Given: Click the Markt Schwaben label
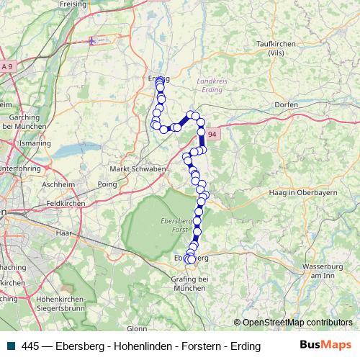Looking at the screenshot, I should tap(138, 169).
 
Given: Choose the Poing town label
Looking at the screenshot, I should tap(107, 184).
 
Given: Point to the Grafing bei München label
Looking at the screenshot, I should tap(192, 283).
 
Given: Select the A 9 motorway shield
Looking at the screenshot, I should tap(7, 66).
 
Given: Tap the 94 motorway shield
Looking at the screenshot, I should tap(212, 134).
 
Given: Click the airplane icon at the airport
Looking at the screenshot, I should tap(91, 41).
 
